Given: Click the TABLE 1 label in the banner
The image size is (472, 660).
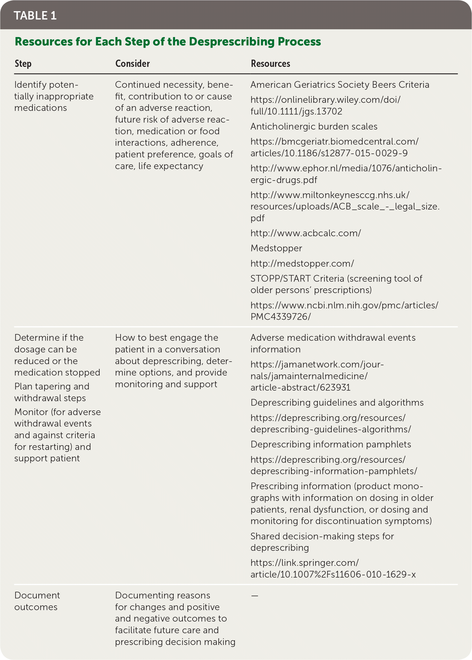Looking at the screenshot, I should (x=35, y=16).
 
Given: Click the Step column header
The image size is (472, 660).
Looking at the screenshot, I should (x=23, y=64).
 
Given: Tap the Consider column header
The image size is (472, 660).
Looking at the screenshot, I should (x=132, y=64).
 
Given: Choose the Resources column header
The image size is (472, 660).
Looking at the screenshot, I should (x=270, y=64).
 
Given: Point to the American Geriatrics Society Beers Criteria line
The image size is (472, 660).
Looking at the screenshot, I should (x=340, y=85).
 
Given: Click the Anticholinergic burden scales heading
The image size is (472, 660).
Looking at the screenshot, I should (x=314, y=126).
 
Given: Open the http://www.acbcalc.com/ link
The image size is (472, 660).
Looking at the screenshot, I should (x=306, y=233).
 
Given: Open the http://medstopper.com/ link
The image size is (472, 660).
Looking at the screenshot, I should (x=302, y=264).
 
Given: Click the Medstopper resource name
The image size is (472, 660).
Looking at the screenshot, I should (x=276, y=249).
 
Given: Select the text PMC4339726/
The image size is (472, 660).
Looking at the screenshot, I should (x=281, y=317).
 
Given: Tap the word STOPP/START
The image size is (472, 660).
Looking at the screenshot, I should (x=280, y=279).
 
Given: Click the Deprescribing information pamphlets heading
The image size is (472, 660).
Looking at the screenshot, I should (x=330, y=444).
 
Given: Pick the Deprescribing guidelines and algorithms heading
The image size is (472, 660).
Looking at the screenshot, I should (x=337, y=403).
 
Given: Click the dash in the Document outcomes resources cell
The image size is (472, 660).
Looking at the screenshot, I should (x=255, y=596).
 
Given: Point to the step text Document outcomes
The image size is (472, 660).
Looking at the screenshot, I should (x=37, y=601).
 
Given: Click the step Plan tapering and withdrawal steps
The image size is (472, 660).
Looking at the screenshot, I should (x=52, y=392).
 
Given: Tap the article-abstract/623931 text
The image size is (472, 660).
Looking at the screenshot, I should (x=300, y=388).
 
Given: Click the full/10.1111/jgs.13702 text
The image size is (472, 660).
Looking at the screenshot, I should (x=296, y=111).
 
